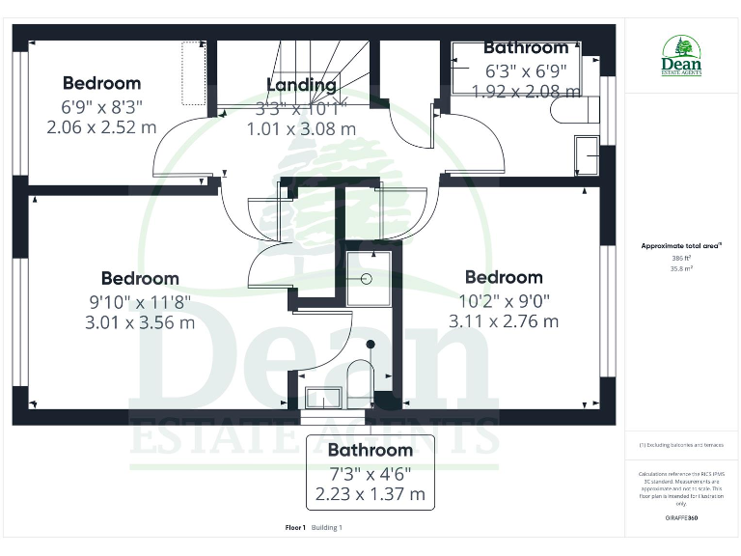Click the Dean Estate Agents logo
click(681, 57)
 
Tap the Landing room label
click(301, 85)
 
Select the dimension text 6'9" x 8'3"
click(101, 105)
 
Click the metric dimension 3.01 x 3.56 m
click(140, 322)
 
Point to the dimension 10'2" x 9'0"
click(504, 300)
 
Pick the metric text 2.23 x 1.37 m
click(370, 493)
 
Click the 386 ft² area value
click(681, 258)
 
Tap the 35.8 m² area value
click(681, 269)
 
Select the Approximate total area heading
click(681, 246)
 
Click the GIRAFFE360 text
click(681, 519)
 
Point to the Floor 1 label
click(295, 528)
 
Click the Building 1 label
click(326, 528)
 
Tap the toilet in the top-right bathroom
click(568, 115)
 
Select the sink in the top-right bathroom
click(587, 153)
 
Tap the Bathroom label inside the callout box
click(370, 450)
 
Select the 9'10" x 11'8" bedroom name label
click(140, 279)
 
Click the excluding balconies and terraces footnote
click(681, 445)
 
